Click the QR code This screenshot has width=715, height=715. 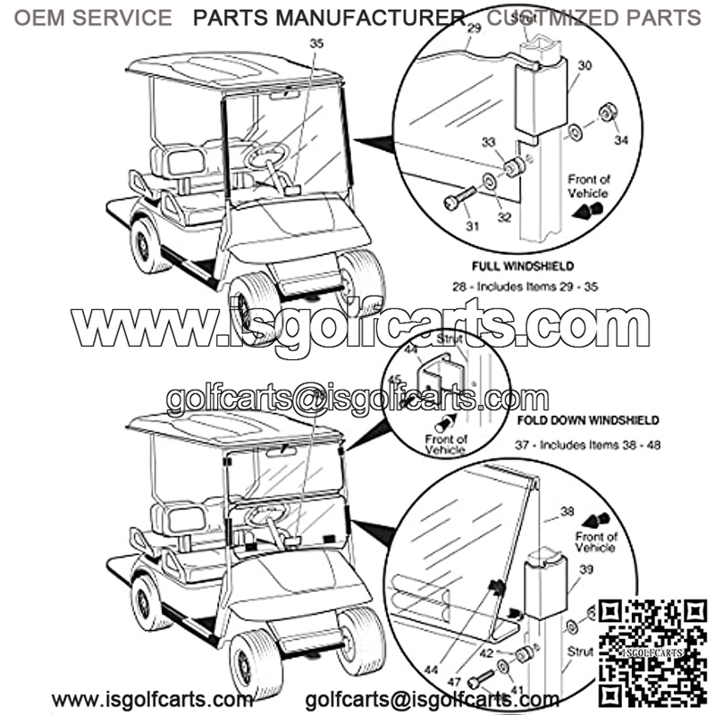[x=653, y=653]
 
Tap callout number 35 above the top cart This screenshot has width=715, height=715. [x=316, y=43]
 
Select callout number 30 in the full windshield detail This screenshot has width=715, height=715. [x=585, y=65]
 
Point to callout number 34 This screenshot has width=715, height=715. [x=621, y=139]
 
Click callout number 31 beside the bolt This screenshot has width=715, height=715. [x=472, y=226]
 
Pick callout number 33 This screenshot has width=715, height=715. [x=512, y=142]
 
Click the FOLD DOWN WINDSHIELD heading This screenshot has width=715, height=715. [x=588, y=419]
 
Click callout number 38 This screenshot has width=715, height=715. [x=567, y=512]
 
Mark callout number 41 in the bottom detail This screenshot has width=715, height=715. [x=517, y=691]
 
